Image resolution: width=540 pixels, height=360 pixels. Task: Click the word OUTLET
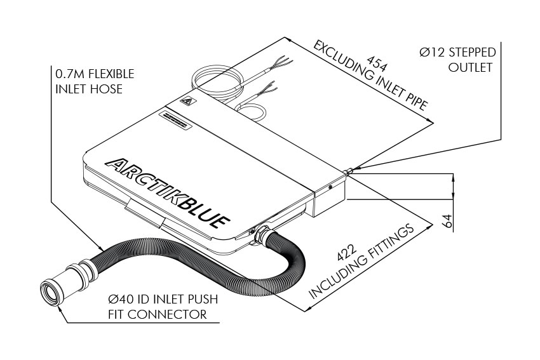pos(471,67)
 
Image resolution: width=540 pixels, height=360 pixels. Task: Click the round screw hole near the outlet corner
pos(330,188)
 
